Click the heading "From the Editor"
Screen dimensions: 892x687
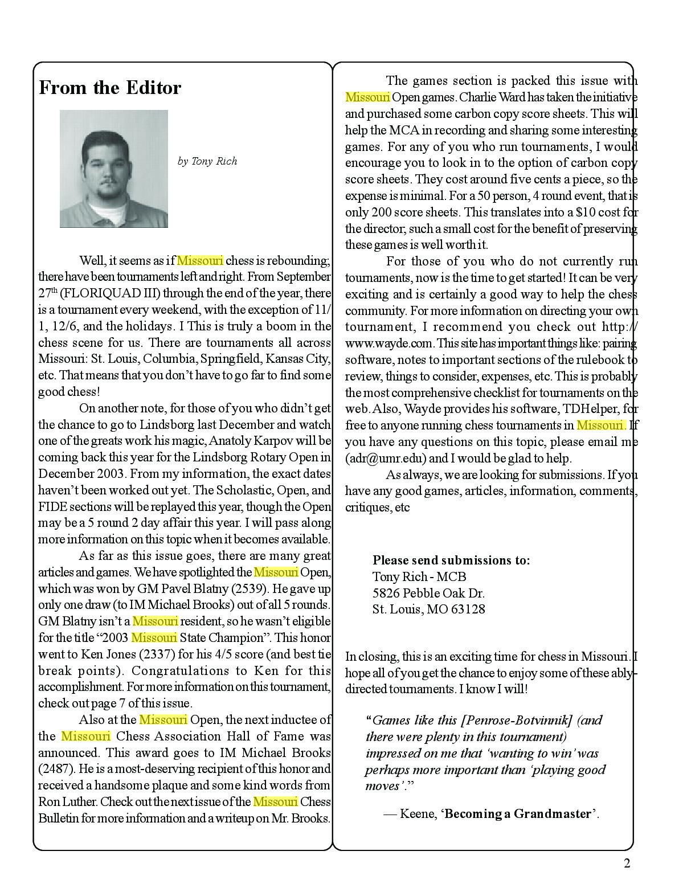tap(110, 88)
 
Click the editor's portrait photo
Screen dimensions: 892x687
tap(114, 169)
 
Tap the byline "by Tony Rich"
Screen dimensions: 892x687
tap(207, 161)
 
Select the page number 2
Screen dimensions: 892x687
tap(627, 864)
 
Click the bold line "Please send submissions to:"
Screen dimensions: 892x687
tap(451, 560)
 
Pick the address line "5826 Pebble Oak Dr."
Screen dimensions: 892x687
tap(428, 593)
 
